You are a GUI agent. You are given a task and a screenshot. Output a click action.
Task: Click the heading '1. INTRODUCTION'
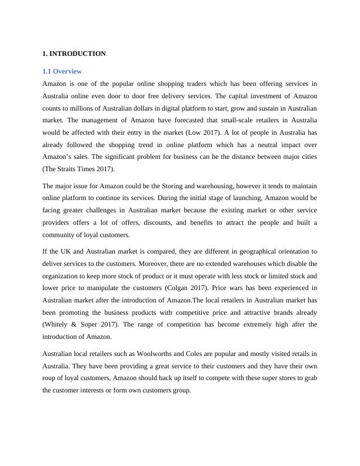click(x=74, y=54)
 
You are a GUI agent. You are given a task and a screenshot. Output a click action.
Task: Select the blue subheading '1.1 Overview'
click(x=62, y=71)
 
